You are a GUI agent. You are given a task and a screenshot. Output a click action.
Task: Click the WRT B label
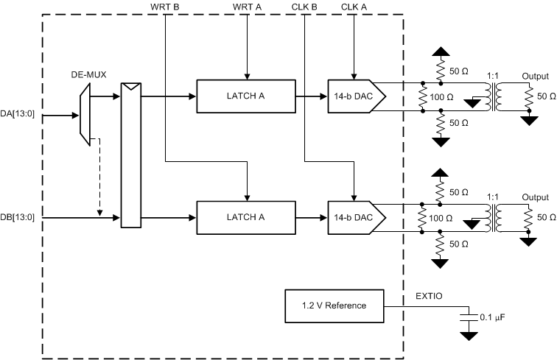(166, 7)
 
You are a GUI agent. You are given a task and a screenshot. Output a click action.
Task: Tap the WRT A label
(247, 7)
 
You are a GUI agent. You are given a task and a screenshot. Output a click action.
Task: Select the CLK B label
(304, 7)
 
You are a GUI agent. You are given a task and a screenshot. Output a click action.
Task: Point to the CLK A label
(355, 7)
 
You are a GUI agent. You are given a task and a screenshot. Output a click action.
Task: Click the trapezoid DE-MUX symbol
(85, 109)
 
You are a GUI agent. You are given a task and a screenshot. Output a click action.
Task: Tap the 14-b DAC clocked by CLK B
(356, 217)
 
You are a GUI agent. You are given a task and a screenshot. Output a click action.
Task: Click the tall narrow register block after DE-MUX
(130, 155)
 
